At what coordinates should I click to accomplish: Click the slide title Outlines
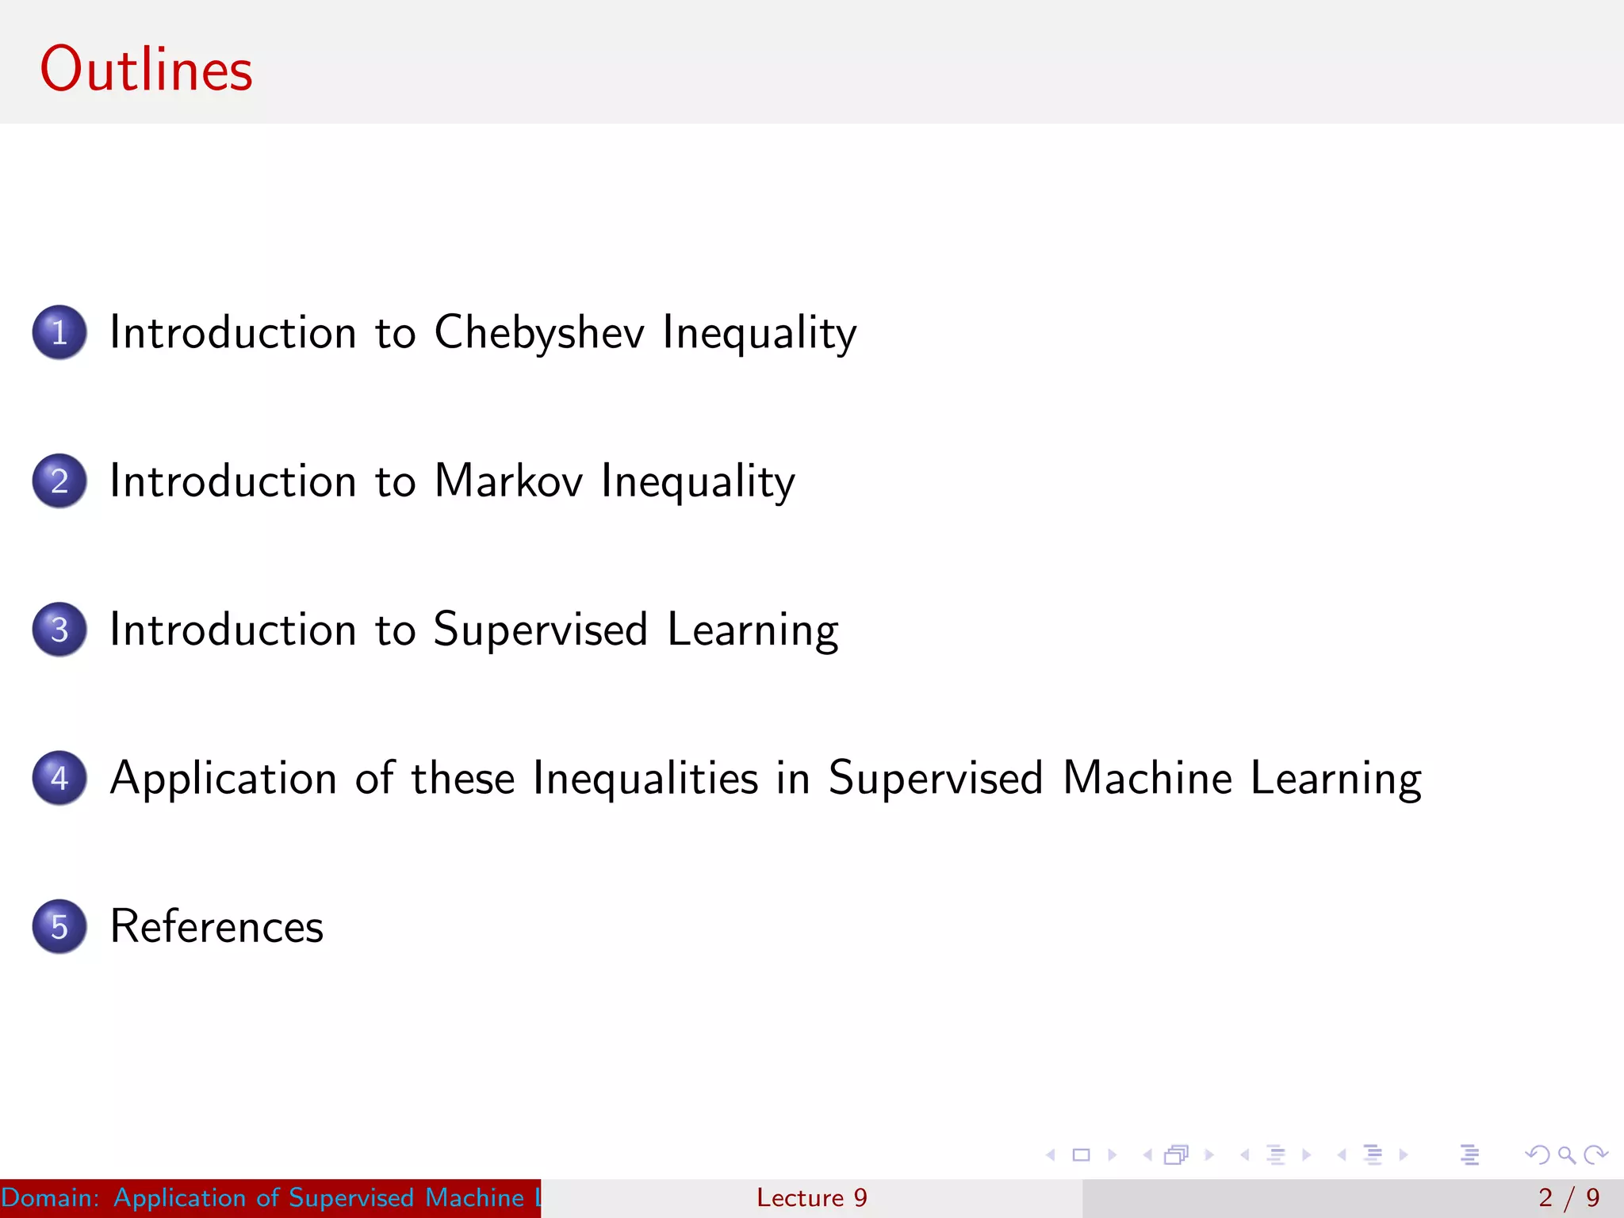[146, 70]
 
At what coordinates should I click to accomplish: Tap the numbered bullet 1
[59, 332]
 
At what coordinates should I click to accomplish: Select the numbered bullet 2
[59, 481]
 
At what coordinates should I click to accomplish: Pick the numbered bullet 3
[59, 630]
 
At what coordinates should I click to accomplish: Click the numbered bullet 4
[59, 778]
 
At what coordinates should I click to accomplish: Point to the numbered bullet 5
[59, 926]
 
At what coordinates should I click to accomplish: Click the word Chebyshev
[539, 332]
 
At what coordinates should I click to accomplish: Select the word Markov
[508, 481]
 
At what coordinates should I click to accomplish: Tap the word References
[216, 926]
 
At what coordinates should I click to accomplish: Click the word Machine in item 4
[1147, 778]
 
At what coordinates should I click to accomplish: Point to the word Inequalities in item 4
[645, 778]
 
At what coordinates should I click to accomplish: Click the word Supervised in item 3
[541, 630]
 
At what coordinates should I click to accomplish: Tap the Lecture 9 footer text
[811, 1197]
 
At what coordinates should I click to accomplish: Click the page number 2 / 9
[1568, 1197]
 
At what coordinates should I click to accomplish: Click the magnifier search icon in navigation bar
[1566, 1155]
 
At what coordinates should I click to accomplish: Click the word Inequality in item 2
[698, 482]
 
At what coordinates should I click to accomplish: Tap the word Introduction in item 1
[233, 332]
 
